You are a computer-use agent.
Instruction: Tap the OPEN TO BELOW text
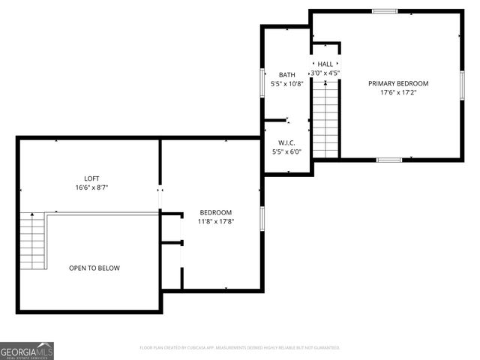(x=94, y=268)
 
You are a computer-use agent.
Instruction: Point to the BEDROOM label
(x=215, y=212)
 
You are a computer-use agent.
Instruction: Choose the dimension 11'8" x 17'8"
(x=215, y=221)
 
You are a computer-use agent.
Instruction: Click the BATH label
(x=286, y=74)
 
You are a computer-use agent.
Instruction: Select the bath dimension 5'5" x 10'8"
(x=286, y=84)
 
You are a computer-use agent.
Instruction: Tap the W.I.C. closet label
(x=286, y=142)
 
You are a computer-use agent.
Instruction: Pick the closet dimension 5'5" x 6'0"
(x=286, y=151)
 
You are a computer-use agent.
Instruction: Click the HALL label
(x=325, y=64)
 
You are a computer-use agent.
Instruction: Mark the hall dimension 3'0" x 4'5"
(x=325, y=73)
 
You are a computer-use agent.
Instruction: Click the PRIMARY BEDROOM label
(x=397, y=82)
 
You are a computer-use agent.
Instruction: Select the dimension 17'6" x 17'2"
(x=397, y=92)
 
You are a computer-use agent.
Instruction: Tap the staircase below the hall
(x=325, y=119)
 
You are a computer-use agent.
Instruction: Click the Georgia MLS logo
(x=27, y=350)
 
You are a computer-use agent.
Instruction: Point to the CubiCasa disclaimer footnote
(x=240, y=348)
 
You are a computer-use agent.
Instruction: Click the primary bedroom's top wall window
(x=385, y=11)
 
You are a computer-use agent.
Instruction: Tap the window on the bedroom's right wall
(x=262, y=218)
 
